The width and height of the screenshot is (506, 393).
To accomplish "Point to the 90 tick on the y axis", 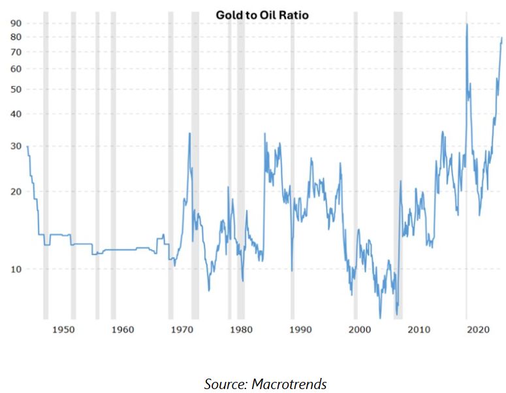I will click(16, 23).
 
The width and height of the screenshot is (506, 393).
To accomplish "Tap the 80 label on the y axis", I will click(16, 37).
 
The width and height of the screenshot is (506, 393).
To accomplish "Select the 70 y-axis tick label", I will click(16, 52).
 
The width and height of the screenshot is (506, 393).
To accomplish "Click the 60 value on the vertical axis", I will click(16, 69).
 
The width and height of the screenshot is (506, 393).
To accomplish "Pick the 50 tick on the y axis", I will click(16, 89).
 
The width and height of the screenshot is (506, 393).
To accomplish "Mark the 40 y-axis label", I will click(16, 114).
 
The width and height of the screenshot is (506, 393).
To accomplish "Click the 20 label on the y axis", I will click(16, 192).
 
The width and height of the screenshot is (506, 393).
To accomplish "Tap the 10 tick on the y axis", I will click(16, 269).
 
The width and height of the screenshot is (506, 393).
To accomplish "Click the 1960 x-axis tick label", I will click(123, 328).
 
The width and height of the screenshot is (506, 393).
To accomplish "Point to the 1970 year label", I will click(182, 328).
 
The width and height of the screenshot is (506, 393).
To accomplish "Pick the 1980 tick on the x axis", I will click(241, 328).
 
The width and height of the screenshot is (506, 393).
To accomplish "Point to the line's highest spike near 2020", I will click(466, 24).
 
